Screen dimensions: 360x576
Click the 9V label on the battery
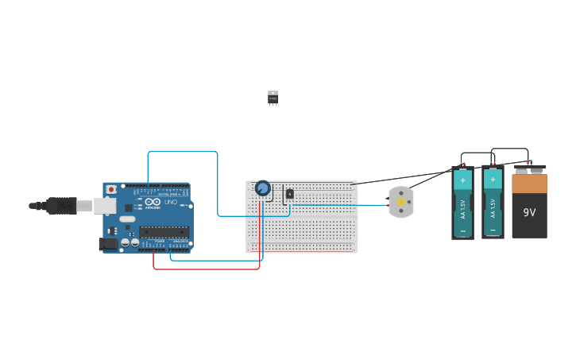pos(529,213)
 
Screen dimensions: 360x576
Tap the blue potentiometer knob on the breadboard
pos(262,188)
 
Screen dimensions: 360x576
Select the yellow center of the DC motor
pos(401,202)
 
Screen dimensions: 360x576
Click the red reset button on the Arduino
pos(111,190)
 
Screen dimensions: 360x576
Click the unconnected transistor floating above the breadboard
pos(273,98)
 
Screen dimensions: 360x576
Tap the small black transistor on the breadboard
pos(290,193)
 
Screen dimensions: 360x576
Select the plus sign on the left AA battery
pos(462,180)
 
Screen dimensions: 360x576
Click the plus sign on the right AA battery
pos(493,180)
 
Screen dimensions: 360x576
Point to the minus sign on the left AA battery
pos(462,230)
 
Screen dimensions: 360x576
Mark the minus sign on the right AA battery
pos(493,230)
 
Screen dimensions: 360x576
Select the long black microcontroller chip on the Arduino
pos(164,232)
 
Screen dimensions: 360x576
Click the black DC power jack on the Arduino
pos(108,244)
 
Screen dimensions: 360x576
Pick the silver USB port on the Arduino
pos(105,206)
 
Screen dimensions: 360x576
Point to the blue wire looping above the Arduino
pos(183,151)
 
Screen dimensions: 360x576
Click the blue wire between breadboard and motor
pos(342,205)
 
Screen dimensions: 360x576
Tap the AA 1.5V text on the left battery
pos(462,208)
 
